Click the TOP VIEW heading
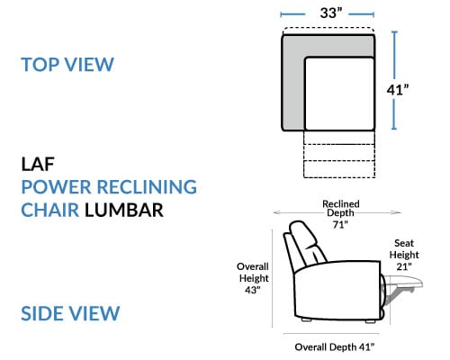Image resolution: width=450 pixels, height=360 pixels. tap(67, 64)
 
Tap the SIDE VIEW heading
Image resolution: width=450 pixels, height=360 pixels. tap(70, 313)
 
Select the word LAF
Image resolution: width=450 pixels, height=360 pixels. tap(38, 164)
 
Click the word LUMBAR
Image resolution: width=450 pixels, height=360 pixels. tap(124, 210)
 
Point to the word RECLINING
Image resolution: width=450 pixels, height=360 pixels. tap(147, 187)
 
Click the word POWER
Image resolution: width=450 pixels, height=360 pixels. tap(56, 187)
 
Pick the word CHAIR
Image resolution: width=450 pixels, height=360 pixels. tap(50, 210)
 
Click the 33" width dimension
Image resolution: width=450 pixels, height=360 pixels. tap(331, 13)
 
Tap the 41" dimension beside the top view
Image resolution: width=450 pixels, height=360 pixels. tap(398, 90)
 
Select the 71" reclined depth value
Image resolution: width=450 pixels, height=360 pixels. tap(340, 224)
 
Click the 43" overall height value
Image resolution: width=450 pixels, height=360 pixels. tap(252, 290)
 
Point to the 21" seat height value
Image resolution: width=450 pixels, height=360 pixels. tap(404, 266)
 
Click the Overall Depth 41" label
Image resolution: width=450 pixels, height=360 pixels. tap(335, 347)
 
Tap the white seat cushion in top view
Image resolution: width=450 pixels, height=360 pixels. tap(339, 94)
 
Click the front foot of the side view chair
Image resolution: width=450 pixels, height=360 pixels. tap(371, 321)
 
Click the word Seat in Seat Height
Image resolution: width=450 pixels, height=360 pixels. tap(404, 243)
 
